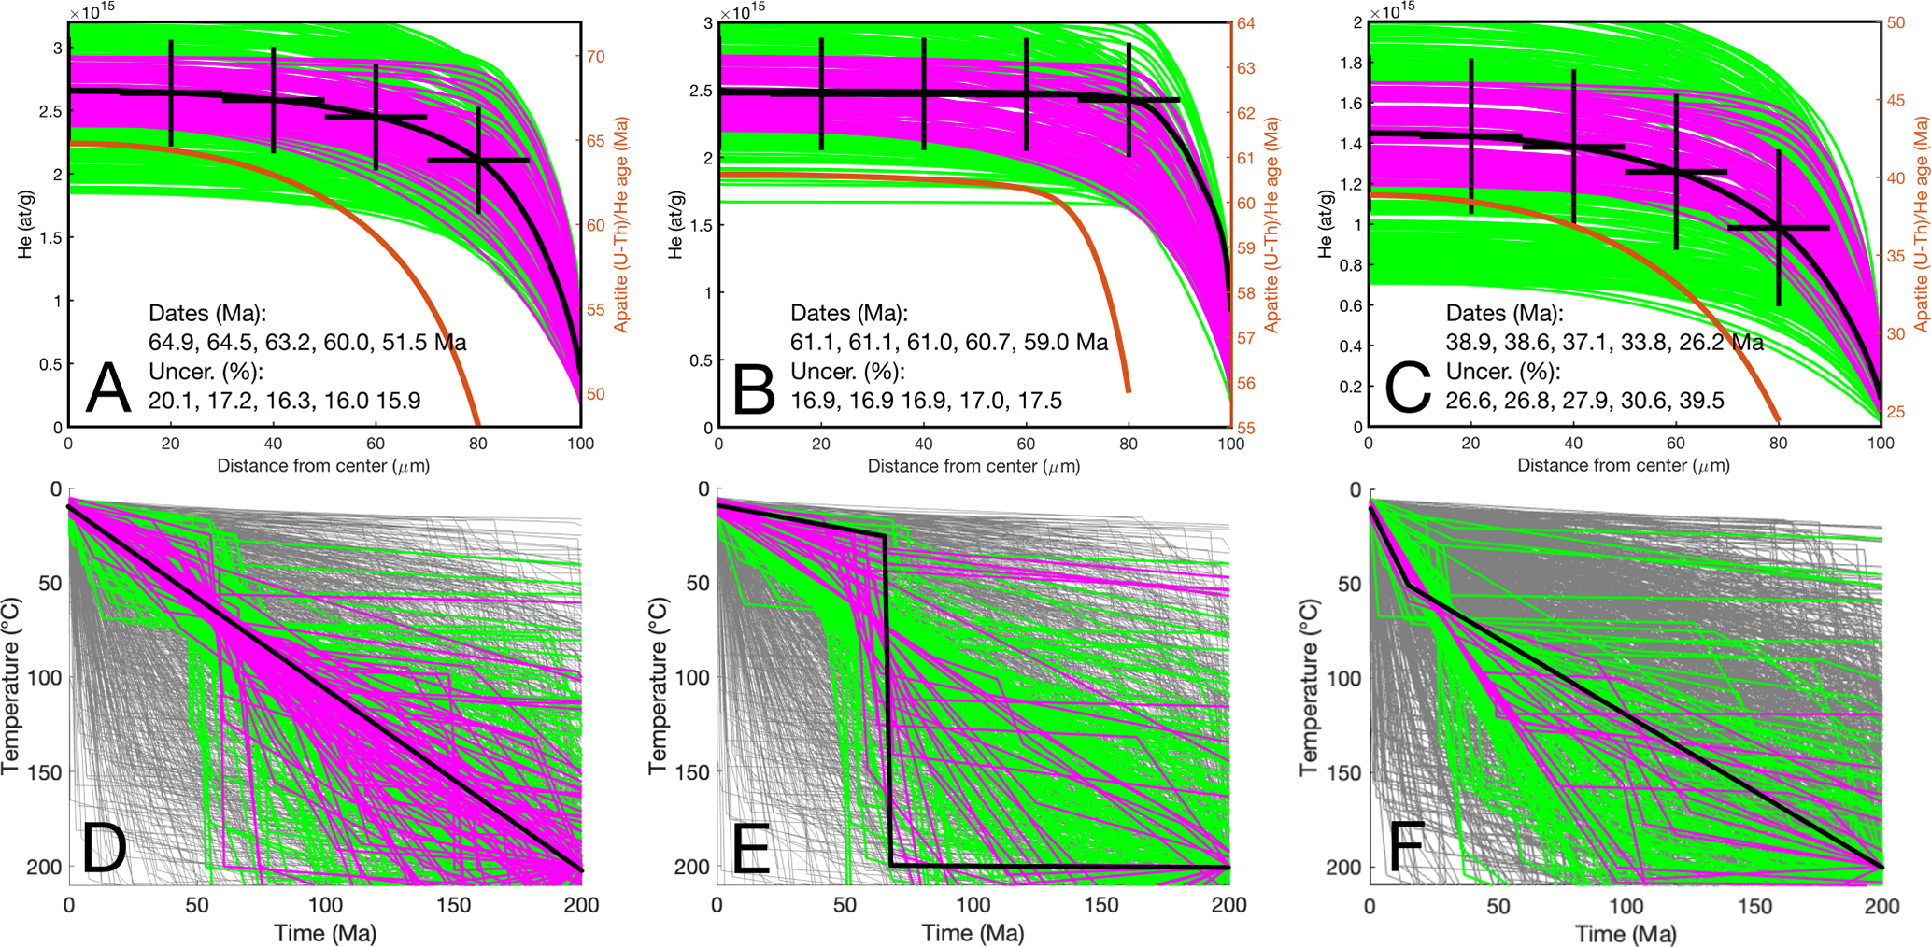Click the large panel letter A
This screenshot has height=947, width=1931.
[x=107, y=389]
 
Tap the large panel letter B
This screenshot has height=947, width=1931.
[x=754, y=389]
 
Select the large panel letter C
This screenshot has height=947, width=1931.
[x=1407, y=389]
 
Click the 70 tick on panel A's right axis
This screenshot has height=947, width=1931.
[x=595, y=57]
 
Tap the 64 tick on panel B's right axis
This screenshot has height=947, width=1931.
[x=1245, y=23]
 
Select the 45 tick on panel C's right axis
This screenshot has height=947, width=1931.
[x=1896, y=100]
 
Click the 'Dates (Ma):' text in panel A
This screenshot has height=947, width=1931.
[x=207, y=313]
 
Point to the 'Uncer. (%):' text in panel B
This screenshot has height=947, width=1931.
[x=847, y=372]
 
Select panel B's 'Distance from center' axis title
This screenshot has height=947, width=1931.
[x=973, y=465]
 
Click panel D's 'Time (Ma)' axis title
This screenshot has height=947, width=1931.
[x=324, y=933]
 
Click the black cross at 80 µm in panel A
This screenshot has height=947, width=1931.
[x=478, y=161]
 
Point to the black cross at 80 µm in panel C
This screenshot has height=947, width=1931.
[x=1778, y=227]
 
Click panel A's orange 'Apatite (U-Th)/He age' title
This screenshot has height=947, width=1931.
[x=620, y=224]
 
